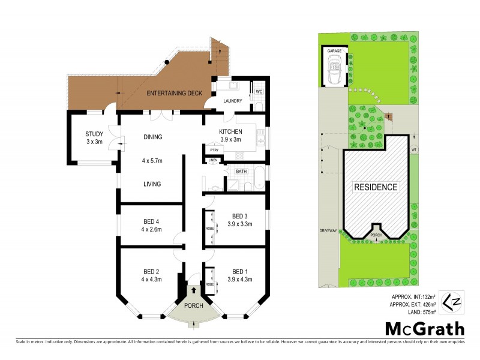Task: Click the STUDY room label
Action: (95, 134)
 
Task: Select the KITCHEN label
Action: (230, 131)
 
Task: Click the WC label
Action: (259, 91)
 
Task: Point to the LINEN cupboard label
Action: (213, 161)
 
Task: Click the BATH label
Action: (241, 172)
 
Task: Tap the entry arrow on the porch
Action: (194, 291)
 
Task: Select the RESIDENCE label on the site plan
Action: (375, 187)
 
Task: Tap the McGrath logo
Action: (424, 328)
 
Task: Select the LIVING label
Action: (152, 184)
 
